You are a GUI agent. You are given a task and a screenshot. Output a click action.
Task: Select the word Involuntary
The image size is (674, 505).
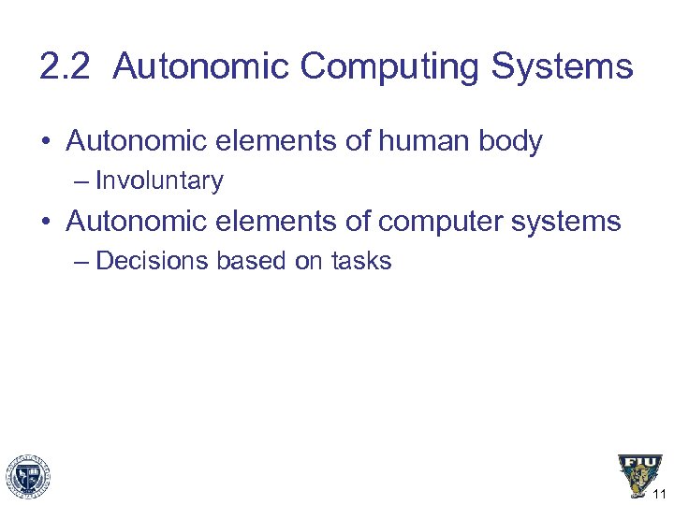pos(159,180)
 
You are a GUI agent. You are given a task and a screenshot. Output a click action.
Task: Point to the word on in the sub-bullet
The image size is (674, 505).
pos(309,261)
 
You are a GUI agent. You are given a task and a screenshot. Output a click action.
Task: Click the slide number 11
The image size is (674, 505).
pos(660,494)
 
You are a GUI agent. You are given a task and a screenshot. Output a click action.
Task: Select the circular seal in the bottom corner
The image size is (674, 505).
pos(28,477)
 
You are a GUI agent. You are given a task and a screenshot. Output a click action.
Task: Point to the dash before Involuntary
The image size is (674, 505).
pos(81,180)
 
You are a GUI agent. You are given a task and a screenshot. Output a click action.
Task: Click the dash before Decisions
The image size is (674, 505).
pos(81,261)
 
